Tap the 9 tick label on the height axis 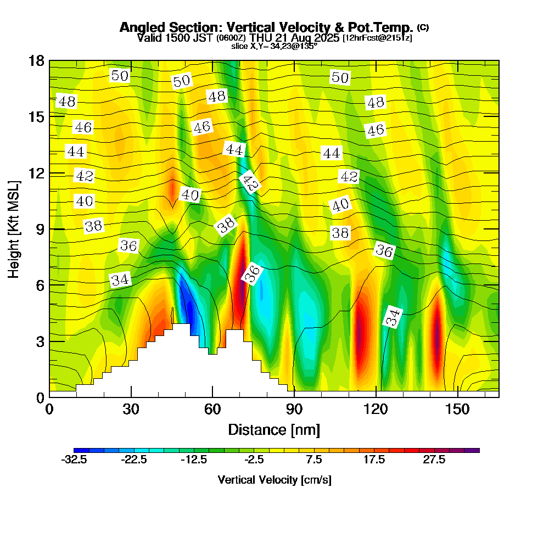pos(37,229)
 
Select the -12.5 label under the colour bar pos(194,460)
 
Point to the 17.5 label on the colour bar pos(374,460)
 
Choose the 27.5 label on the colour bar pos(434,460)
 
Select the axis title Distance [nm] pos(274,429)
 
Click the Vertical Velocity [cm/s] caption pos(274,480)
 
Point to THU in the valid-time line pos(260,38)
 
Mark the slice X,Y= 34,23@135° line pos(274,46)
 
